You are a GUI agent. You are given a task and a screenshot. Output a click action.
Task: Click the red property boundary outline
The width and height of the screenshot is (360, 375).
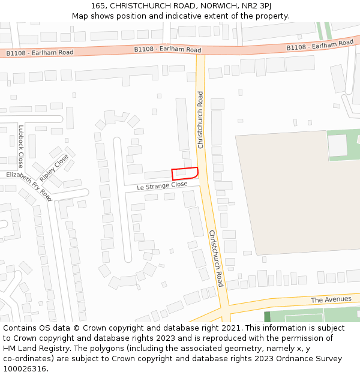(x=185, y=173)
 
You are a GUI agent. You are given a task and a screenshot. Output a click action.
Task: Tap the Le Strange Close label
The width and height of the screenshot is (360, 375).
(x=162, y=187)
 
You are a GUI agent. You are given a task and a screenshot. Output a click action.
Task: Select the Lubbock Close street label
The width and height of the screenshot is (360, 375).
(x=20, y=146)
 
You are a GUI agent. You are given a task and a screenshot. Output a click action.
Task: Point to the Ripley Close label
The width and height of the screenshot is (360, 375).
(x=54, y=169)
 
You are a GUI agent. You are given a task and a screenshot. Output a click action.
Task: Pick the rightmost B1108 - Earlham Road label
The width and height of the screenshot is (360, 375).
(x=320, y=45)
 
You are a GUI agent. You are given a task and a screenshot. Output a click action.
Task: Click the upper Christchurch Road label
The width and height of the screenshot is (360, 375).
(x=200, y=120)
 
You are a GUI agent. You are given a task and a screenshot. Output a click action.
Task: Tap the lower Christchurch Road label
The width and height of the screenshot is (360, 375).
(x=216, y=258)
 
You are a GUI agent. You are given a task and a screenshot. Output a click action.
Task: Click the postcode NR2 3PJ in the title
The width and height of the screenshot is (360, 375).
(x=258, y=5)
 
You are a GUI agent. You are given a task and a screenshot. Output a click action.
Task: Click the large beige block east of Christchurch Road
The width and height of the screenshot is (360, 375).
(x=294, y=198)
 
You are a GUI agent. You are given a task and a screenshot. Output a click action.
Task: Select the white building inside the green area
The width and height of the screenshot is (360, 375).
(x=338, y=145)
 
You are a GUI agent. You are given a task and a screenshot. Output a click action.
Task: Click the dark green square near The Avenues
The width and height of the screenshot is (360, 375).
(x=267, y=317)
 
